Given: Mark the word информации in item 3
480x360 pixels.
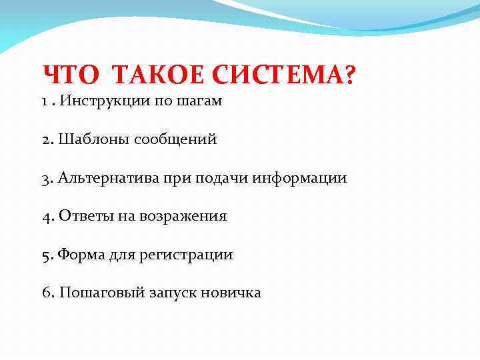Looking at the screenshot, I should coord(299,178).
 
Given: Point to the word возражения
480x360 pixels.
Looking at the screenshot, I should coord(183,216).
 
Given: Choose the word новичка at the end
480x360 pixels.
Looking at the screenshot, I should coord(233,293).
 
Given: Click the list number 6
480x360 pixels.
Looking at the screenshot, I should coord(47,293).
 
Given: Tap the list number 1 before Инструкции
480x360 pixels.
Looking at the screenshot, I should coord(44,102).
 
